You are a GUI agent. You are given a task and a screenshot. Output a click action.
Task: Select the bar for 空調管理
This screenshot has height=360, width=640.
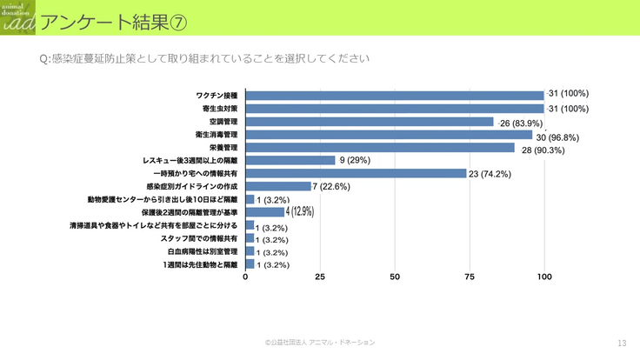pos(370,122)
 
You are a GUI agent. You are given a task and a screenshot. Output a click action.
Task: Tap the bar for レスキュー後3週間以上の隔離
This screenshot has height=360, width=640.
pos(290,160)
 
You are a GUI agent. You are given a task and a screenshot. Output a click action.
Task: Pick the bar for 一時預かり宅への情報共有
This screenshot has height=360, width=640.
pos(357,173)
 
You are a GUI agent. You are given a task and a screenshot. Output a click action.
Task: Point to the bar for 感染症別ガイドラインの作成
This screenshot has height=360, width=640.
pos(278,186)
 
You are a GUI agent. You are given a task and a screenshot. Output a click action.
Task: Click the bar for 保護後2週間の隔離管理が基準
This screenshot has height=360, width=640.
pos(265,211)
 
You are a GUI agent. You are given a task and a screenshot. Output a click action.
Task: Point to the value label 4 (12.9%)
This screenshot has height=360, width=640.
pos(300,211)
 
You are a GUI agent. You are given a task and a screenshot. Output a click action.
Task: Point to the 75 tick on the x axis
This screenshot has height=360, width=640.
pos(470,277)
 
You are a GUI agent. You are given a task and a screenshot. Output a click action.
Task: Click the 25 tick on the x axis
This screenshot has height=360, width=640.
pos(320,277)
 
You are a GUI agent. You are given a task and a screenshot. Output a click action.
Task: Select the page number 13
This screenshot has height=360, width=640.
pos(621,343)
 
